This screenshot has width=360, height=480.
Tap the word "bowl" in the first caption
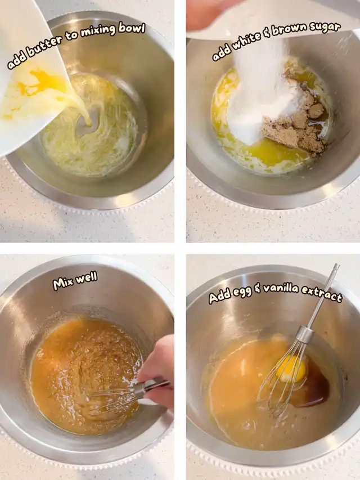(x=132, y=29)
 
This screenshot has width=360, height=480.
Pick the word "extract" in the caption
(x=321, y=294)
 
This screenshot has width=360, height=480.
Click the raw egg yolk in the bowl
(x=291, y=369)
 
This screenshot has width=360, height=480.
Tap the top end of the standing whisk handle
(x=336, y=266)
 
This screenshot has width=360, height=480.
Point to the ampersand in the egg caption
(x=258, y=289)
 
